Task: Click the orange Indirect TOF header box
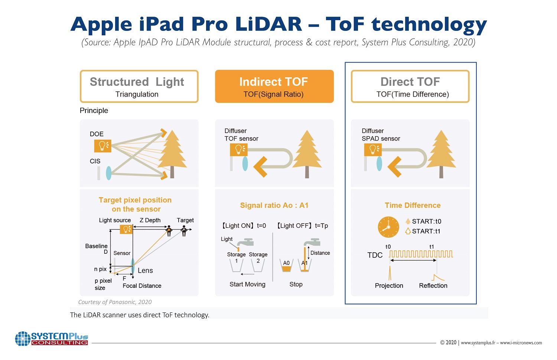(274, 86)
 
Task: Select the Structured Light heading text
(137, 82)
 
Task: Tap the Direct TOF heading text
(410, 82)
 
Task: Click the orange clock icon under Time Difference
(388, 227)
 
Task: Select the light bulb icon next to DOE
(102, 146)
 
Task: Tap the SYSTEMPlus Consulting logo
(52, 338)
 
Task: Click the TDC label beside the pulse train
(375, 255)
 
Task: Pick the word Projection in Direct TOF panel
(389, 286)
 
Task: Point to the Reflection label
(433, 286)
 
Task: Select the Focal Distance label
(142, 286)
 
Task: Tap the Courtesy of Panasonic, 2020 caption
(115, 302)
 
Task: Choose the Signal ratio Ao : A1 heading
(274, 205)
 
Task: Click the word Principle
(94, 111)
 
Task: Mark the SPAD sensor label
(381, 139)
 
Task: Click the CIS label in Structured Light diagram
(95, 161)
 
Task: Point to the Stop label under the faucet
(296, 284)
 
